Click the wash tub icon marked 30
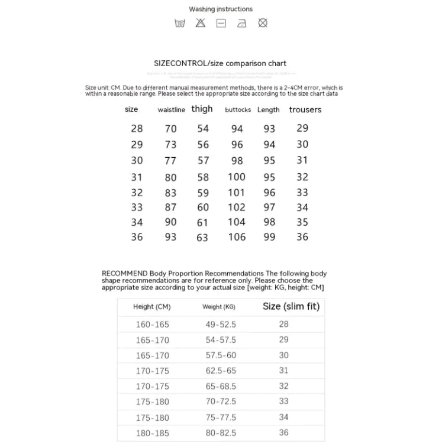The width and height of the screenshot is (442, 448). pyautogui.click(x=180, y=24)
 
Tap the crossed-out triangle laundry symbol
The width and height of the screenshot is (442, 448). pyautogui.click(x=201, y=23)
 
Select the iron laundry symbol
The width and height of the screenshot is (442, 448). pyautogui.click(x=241, y=24)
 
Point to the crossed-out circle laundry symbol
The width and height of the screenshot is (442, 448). pyautogui.click(x=263, y=23)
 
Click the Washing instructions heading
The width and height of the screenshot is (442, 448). pyautogui.click(x=221, y=9)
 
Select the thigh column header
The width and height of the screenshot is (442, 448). pyautogui.click(x=202, y=109)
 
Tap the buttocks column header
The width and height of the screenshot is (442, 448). pyautogui.click(x=238, y=110)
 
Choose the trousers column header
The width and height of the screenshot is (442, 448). pyautogui.click(x=305, y=110)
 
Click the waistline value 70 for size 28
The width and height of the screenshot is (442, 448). pyautogui.click(x=171, y=129)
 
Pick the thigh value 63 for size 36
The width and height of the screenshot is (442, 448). pyautogui.click(x=203, y=238)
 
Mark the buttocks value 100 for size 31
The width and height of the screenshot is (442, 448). pyautogui.click(x=237, y=177)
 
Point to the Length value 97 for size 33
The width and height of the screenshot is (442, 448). pyautogui.click(x=269, y=207)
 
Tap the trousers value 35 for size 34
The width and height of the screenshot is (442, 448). pyautogui.click(x=302, y=222)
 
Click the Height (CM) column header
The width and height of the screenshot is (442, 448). pyautogui.click(x=151, y=307)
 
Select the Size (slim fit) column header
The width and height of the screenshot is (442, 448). pyautogui.click(x=291, y=306)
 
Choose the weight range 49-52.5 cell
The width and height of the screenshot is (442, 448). pyautogui.click(x=220, y=324)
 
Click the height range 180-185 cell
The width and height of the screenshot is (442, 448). pyautogui.click(x=152, y=433)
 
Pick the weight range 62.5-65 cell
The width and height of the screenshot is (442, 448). pyautogui.click(x=220, y=371)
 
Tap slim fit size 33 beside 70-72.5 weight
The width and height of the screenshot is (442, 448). pyautogui.click(x=284, y=401)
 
